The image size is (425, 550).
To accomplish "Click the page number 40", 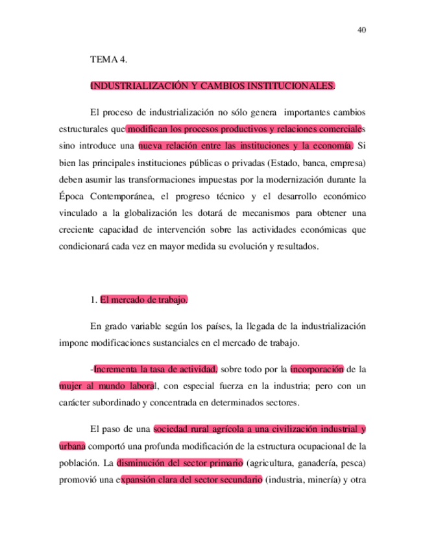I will click(x=362, y=29).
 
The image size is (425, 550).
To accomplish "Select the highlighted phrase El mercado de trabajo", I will click(x=145, y=300).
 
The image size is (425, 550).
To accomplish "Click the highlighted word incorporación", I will click(x=317, y=370).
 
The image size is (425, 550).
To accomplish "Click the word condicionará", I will click(x=84, y=248).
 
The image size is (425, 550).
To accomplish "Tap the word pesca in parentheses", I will click(x=354, y=464).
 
